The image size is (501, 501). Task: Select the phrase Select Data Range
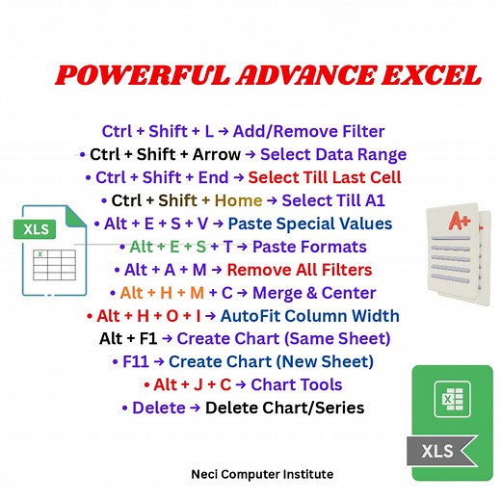333,154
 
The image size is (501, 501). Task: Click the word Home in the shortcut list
239,200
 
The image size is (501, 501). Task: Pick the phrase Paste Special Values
322,224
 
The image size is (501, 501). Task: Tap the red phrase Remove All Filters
299,270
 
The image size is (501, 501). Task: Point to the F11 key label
136,361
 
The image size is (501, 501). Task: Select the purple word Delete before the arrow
159,408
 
